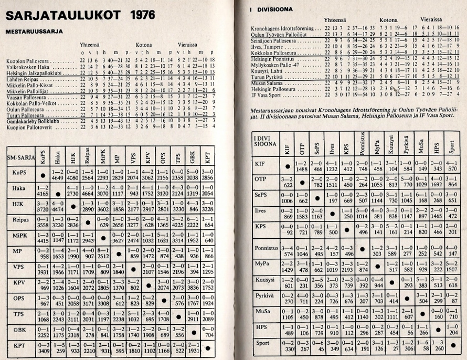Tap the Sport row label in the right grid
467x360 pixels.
[x=262, y=344]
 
